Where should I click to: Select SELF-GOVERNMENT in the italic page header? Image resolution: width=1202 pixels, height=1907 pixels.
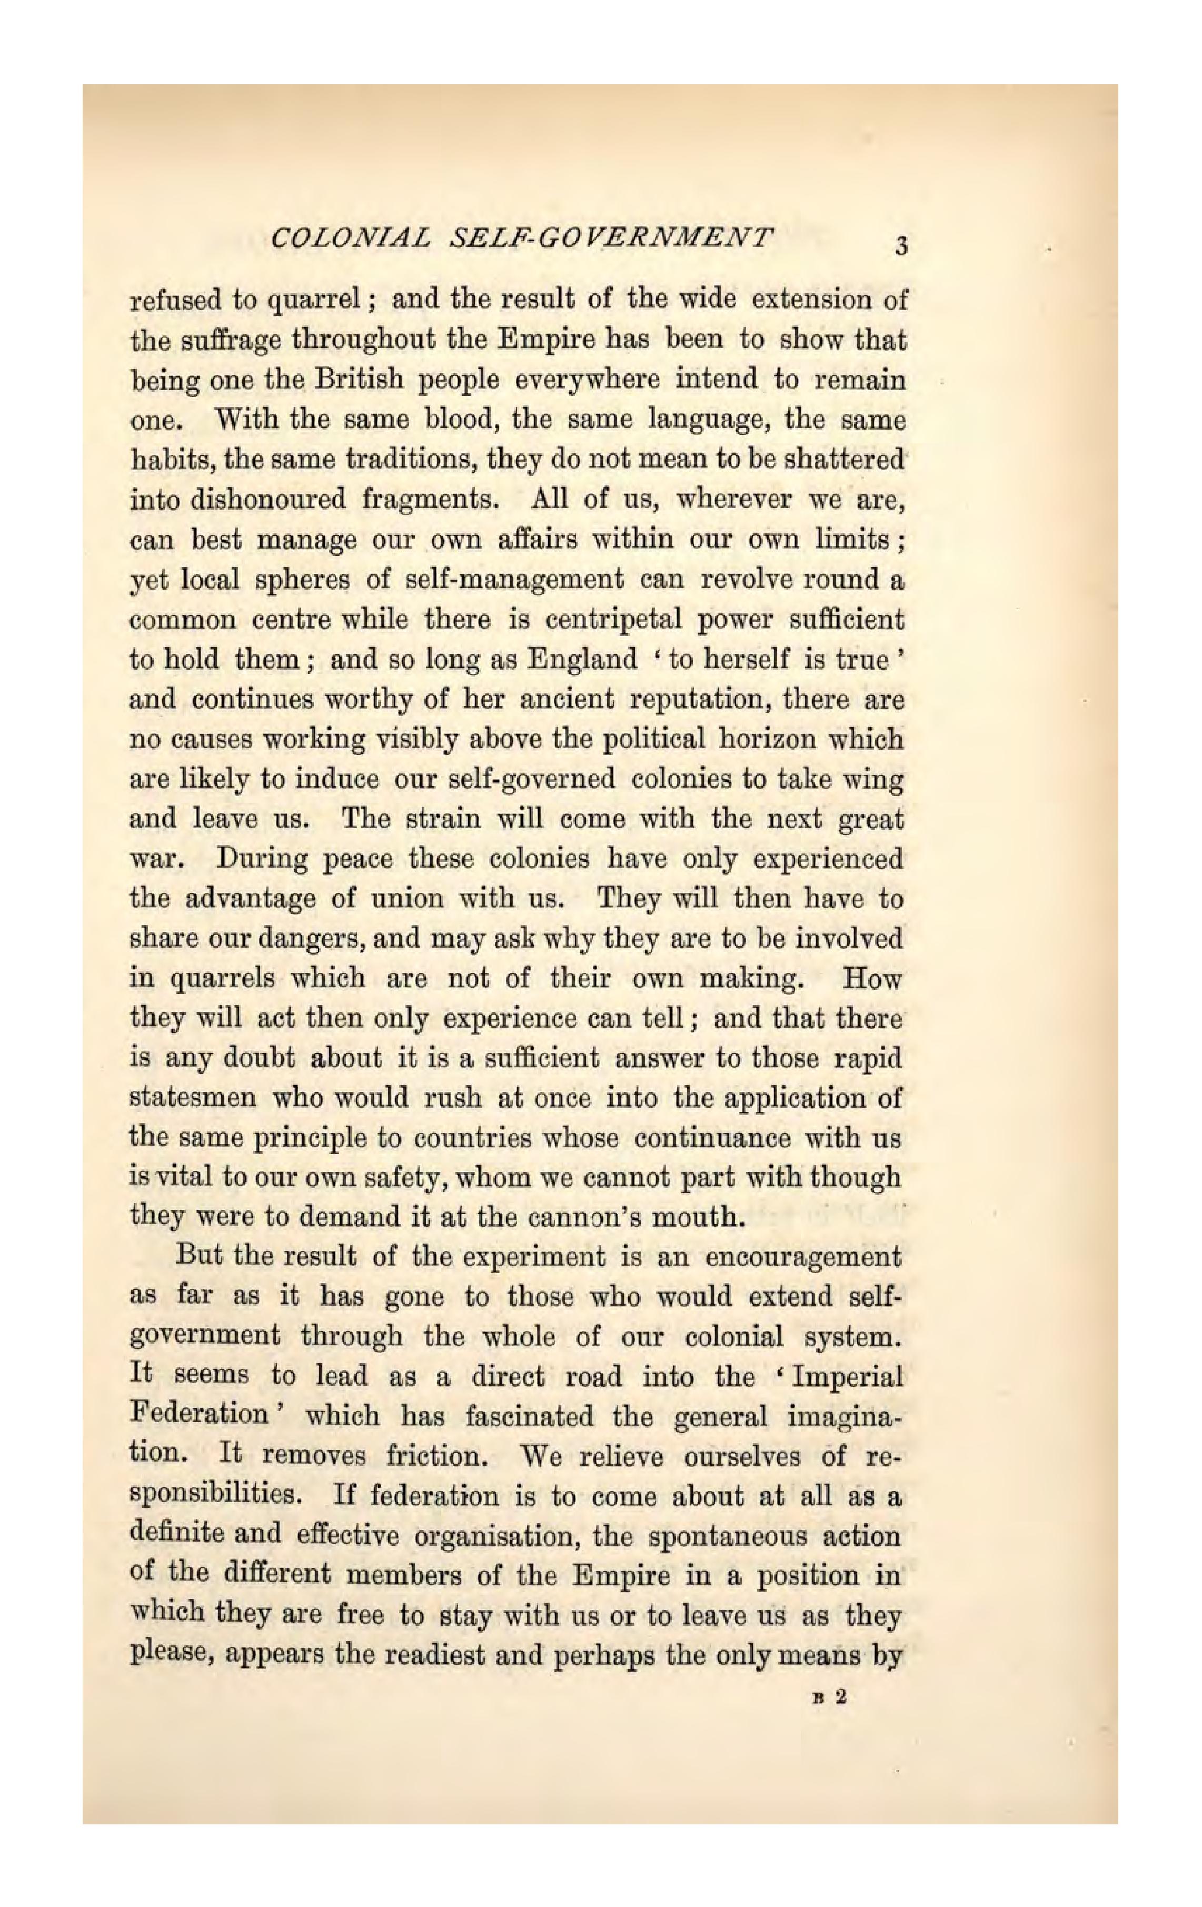[x=610, y=239]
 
